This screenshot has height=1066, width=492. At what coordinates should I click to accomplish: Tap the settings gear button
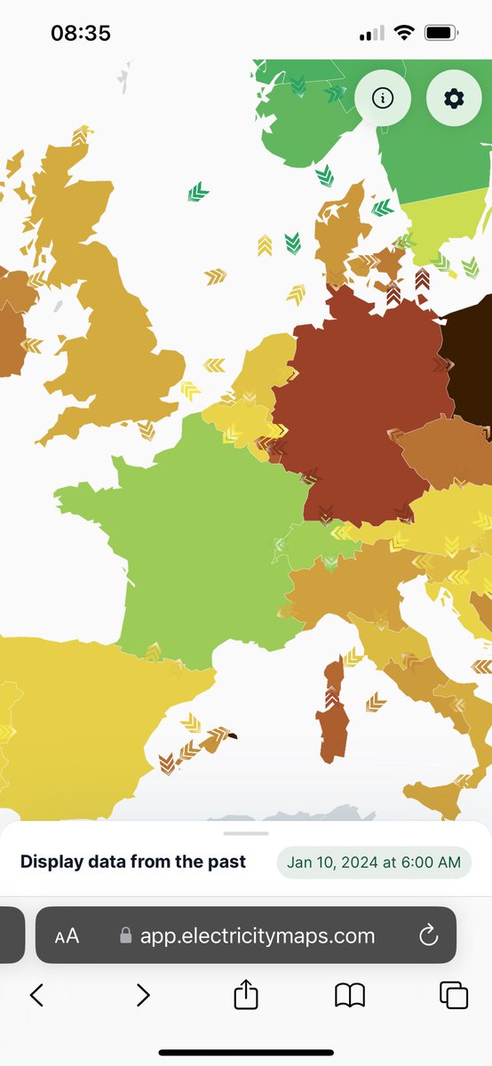pos(454,99)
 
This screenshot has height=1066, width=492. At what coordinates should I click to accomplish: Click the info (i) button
pos(383,99)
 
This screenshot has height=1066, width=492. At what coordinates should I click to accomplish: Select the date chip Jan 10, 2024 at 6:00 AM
pos(374,863)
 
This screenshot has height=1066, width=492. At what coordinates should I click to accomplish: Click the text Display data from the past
pos(133,862)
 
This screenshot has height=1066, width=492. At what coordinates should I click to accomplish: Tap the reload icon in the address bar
pos(428,935)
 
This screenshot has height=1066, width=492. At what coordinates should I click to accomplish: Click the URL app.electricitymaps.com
pos(258,935)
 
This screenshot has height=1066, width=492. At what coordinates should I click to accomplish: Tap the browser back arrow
pos(36,995)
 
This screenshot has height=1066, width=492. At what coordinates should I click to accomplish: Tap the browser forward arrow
pos(142,995)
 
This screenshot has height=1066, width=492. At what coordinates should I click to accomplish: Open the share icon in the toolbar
pos(246,995)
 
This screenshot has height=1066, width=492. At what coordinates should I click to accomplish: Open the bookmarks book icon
pos(350,995)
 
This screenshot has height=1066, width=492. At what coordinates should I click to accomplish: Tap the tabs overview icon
pos(454,995)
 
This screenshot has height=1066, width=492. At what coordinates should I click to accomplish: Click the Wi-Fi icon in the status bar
pos(405,34)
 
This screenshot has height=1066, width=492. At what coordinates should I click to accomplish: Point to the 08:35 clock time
pos(81,34)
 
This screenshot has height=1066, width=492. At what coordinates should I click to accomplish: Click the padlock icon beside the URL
pos(126,935)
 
